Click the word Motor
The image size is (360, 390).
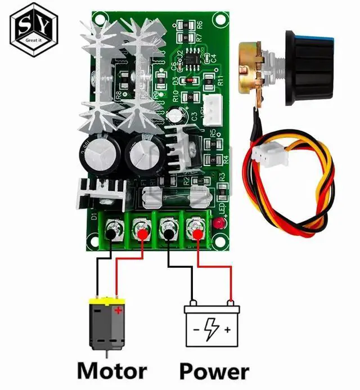click(x=111, y=370)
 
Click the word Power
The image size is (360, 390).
click(x=214, y=370)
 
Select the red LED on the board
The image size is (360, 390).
click(x=218, y=224)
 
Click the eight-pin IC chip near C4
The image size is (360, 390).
click(x=194, y=59)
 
